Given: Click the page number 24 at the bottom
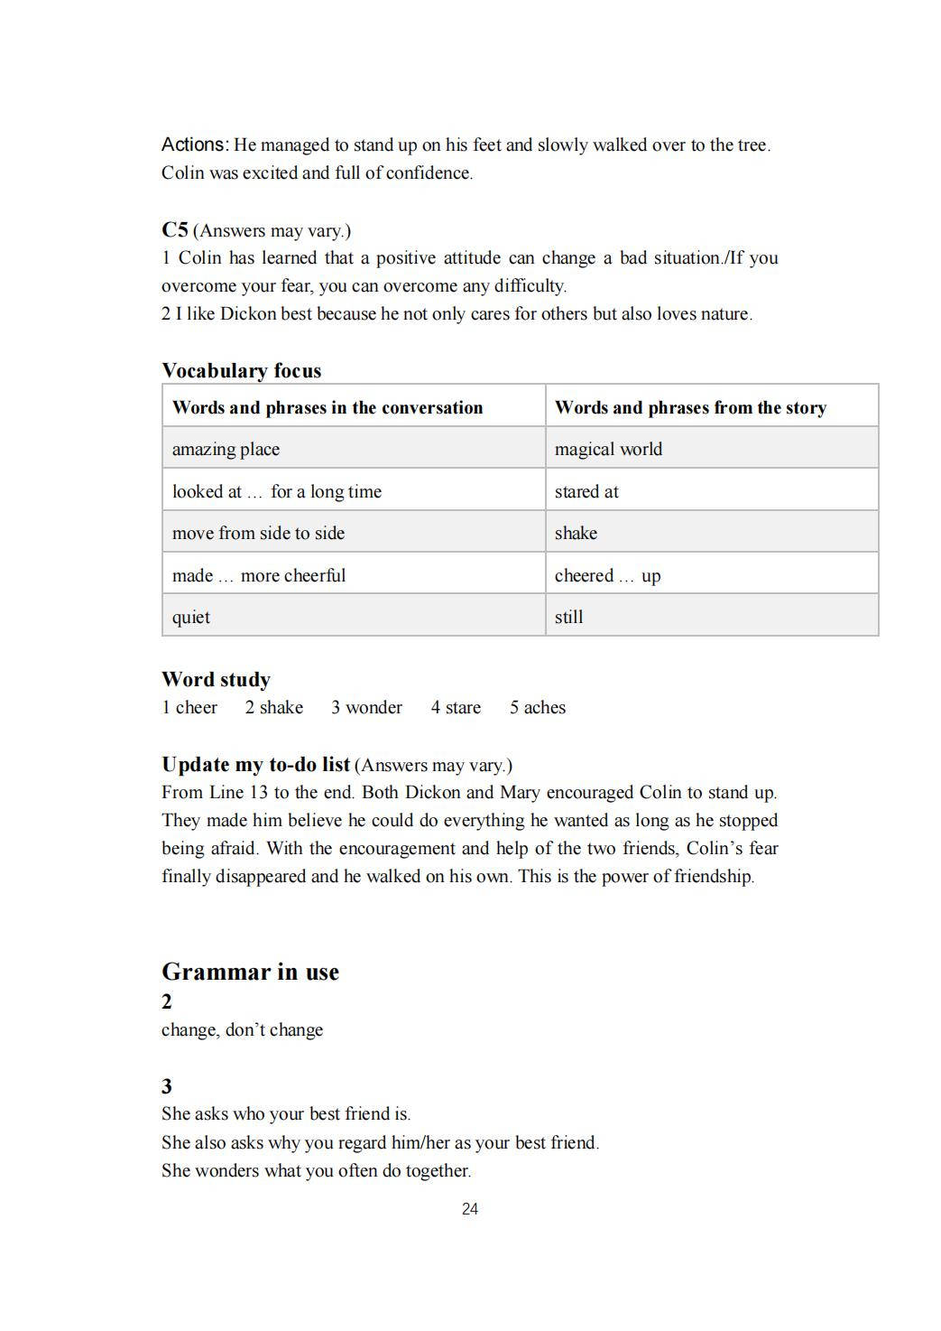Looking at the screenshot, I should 469,1209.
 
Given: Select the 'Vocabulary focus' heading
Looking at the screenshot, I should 241,370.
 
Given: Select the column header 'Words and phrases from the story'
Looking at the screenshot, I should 690,407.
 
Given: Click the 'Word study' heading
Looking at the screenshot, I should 216,679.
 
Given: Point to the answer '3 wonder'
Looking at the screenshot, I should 366,707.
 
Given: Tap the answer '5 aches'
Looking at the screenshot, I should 537,707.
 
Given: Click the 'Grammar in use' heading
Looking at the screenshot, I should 250,972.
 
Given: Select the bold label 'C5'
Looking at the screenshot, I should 174,229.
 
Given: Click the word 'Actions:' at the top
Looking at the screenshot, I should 195,144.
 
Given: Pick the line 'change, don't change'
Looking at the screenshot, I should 242,1029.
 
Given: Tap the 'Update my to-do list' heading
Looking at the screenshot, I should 255,764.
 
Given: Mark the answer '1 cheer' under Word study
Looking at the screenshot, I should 189,707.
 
